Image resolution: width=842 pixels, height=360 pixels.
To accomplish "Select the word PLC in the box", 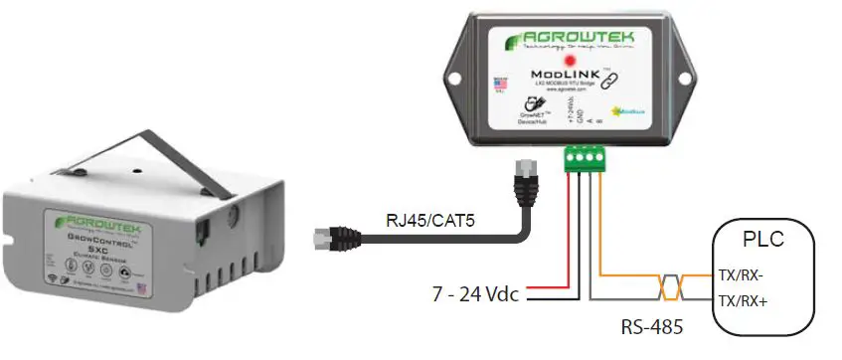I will [x=762, y=241].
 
